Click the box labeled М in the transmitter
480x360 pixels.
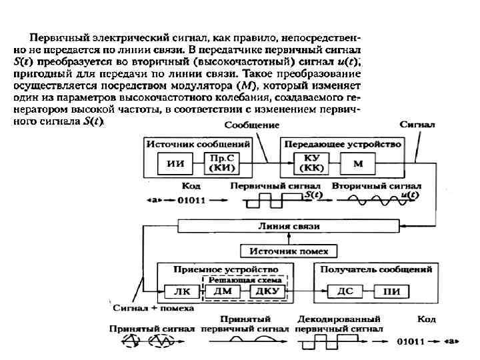tap(358, 163)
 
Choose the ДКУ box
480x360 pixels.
tap(266, 291)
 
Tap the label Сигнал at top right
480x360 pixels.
tap(418, 124)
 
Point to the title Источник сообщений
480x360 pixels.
tap(198, 144)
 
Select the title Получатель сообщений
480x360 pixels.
tap(376, 269)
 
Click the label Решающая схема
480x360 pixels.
tap(242, 280)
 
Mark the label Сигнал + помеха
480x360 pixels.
tap(153, 309)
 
